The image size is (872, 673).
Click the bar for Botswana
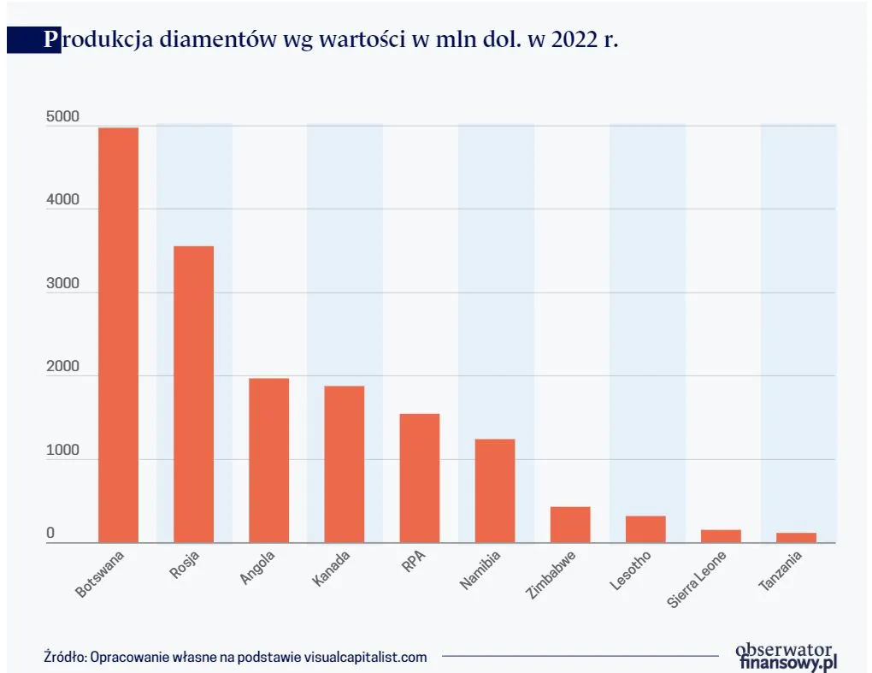pyautogui.click(x=118, y=335)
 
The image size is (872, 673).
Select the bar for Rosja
pyautogui.click(x=193, y=394)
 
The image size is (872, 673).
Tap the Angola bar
pyautogui.click(x=268, y=460)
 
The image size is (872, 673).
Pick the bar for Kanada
pyautogui.click(x=344, y=464)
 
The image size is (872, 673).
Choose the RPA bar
pyautogui.click(x=419, y=478)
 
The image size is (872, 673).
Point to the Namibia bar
pyautogui.click(x=495, y=491)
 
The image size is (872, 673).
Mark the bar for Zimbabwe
pyautogui.click(x=570, y=524)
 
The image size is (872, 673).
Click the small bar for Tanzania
pyautogui.click(x=796, y=537)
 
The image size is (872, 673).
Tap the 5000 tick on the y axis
pyautogui.click(x=62, y=117)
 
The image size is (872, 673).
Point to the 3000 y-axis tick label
pyautogui.click(x=62, y=284)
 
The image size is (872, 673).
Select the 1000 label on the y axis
pyautogui.click(x=62, y=451)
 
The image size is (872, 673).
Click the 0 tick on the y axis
pyautogui.click(x=50, y=534)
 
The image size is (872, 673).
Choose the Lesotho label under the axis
pyautogui.click(x=632, y=570)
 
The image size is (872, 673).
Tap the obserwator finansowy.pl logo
pyautogui.click(x=786, y=655)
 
